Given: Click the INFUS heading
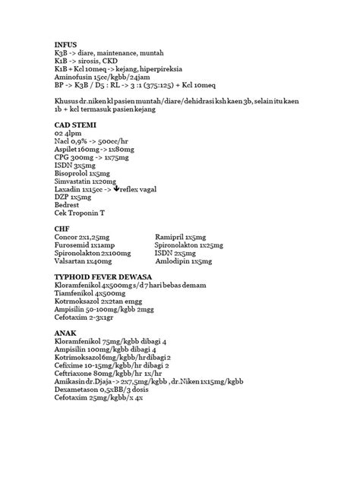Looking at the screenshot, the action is tap(66, 45).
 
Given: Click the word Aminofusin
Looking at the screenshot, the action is tap(74, 76).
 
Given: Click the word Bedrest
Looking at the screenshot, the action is tap(67, 205).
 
